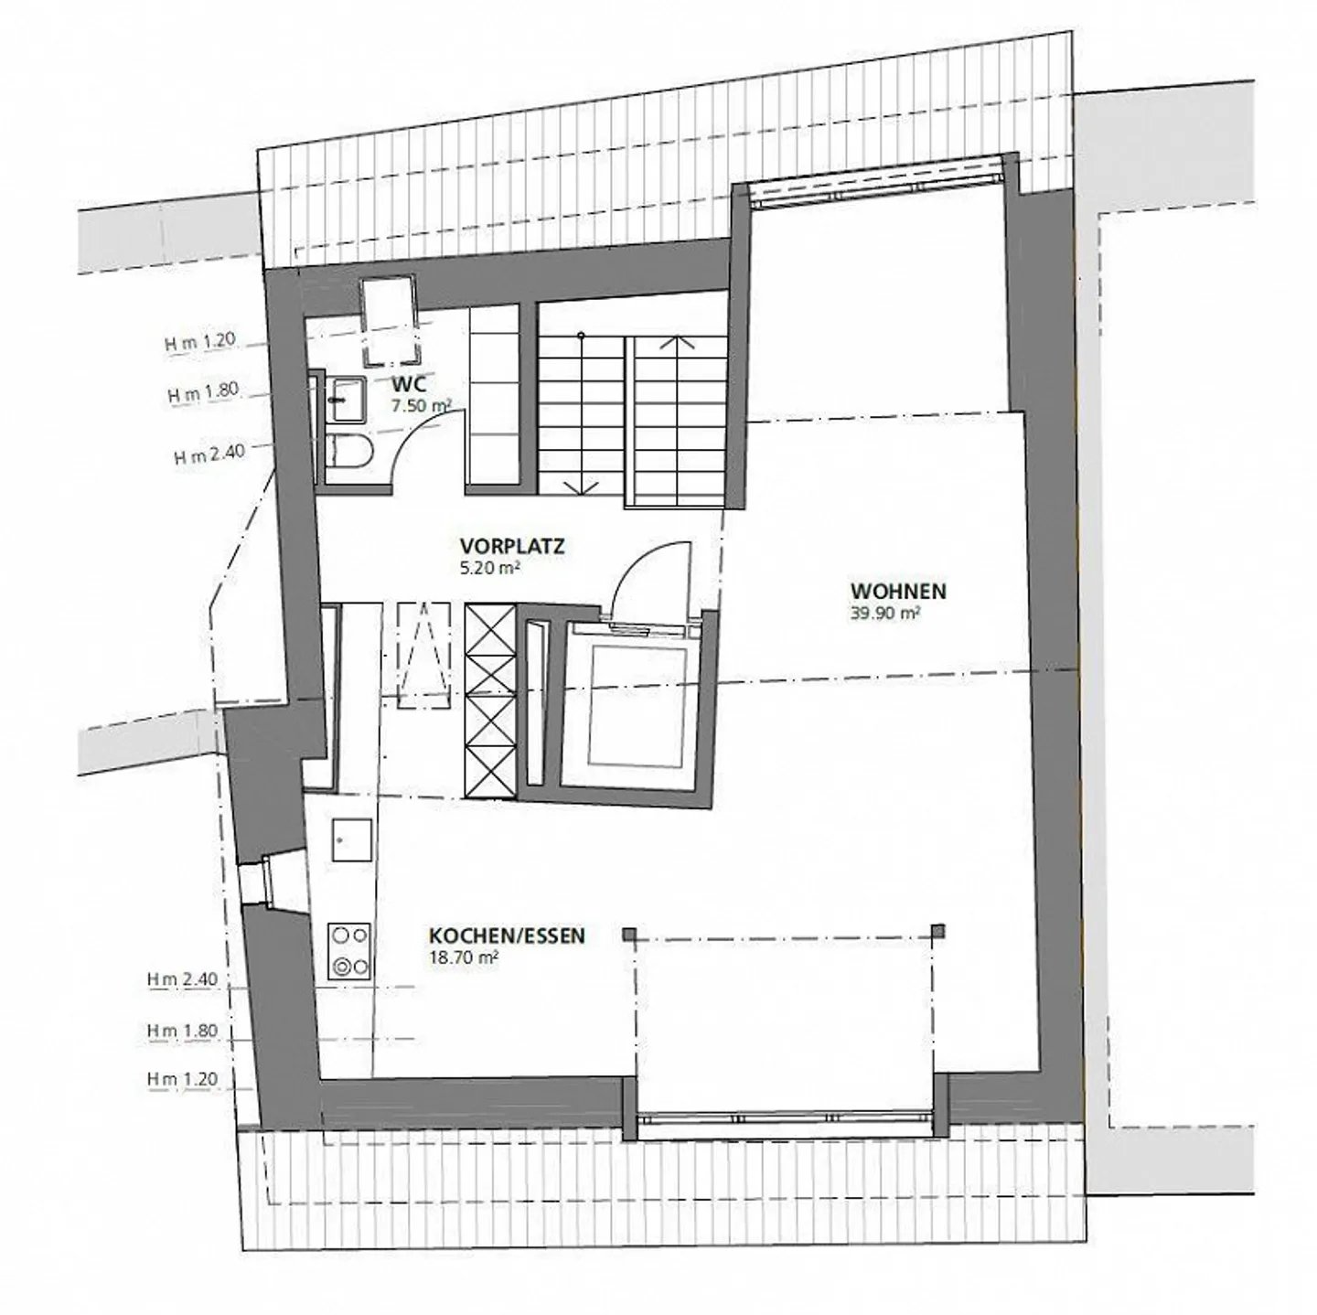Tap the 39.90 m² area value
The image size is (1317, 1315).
point(884,615)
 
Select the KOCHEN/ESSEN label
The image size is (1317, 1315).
point(507,936)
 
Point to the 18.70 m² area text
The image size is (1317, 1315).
point(464,958)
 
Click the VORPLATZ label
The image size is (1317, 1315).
point(512,548)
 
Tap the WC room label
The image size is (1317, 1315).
point(407,384)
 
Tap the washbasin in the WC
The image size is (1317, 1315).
point(344,400)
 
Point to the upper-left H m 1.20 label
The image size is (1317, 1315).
point(200,342)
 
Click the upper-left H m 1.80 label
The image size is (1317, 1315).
point(202,393)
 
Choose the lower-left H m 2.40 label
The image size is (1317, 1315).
point(183,979)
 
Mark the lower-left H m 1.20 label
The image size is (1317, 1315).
point(183,1080)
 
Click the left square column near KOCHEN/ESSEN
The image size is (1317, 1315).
point(629,934)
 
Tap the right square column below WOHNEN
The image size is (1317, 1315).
point(937,932)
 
